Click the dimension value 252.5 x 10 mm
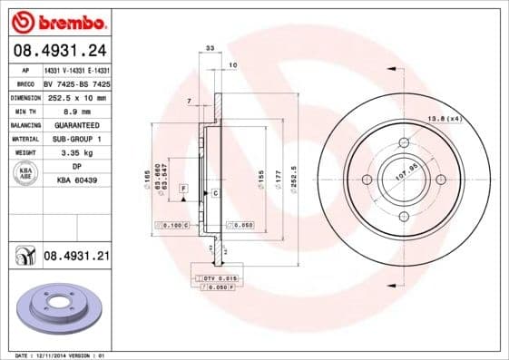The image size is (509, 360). pos(76,97)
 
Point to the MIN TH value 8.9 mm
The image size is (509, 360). pos(76,111)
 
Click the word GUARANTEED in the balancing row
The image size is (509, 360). pos(76,124)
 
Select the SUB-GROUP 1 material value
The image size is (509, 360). pos(76,138)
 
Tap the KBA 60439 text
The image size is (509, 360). pos(76,180)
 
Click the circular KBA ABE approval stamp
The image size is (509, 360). pos(25,174)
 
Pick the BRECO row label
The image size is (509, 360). pos(25,83)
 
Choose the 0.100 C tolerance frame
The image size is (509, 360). pos(173,223)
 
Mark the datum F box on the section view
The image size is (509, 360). pos(183,188)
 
